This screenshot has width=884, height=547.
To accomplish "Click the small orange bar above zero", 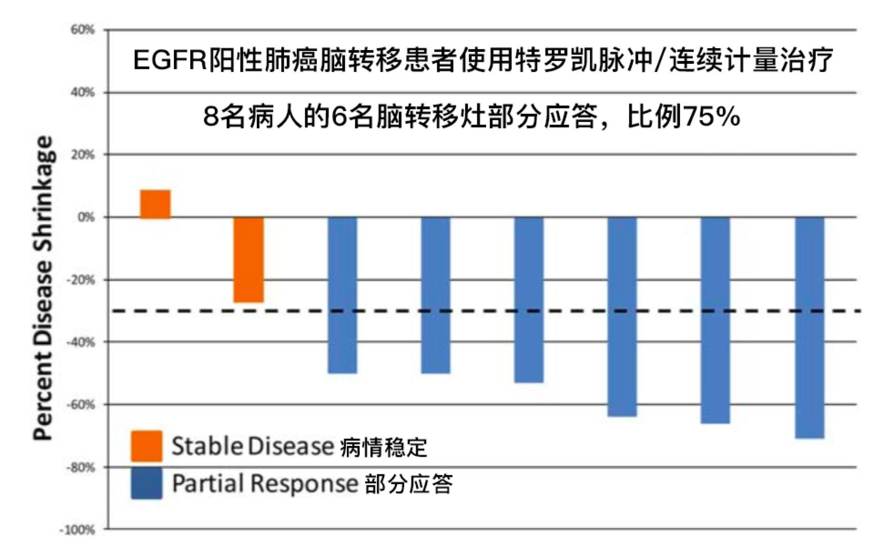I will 156,204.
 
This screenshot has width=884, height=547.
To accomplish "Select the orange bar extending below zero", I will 249,259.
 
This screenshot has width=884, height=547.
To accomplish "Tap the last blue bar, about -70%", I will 809,327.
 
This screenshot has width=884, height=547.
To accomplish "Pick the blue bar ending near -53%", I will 528,299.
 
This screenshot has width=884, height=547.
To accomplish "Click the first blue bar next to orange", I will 342,295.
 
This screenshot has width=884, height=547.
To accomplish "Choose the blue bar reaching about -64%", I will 622,316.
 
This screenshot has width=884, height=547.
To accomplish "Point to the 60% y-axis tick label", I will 83,30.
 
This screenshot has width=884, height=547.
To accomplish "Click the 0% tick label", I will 86,217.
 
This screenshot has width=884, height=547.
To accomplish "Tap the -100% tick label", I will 78,530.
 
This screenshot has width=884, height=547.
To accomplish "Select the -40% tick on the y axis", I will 81,342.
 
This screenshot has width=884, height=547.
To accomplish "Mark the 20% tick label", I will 83,155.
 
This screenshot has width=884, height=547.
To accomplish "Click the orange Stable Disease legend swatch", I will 146,446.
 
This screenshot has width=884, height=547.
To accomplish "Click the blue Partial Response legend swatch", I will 146,483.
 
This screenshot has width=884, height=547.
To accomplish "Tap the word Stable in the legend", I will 207,446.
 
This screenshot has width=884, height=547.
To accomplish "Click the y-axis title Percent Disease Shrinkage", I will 43,287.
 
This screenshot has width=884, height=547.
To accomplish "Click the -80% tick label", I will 81,467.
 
